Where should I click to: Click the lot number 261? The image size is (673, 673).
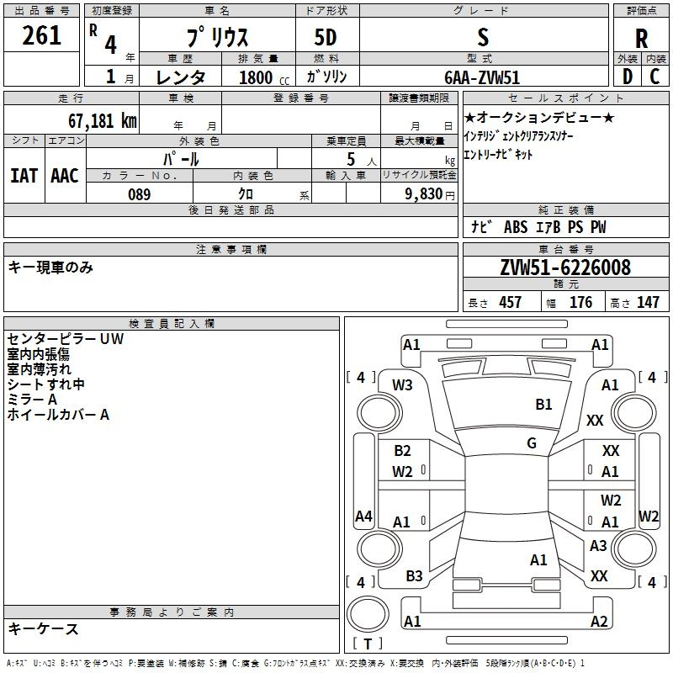point(41,35)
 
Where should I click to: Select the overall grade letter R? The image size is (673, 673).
point(641,39)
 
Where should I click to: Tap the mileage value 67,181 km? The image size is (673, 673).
point(103,121)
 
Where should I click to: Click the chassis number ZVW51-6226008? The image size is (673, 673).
point(565,268)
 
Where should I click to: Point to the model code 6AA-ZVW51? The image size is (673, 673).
point(482,77)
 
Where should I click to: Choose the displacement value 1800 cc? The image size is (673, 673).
point(264,77)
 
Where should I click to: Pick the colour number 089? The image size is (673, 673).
point(140,194)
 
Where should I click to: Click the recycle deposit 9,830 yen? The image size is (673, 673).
point(430,194)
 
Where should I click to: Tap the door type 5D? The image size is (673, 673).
point(326,38)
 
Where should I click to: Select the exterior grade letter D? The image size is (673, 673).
point(628,77)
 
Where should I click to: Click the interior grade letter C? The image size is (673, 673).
point(654,77)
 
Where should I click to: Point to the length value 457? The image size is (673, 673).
point(511,302)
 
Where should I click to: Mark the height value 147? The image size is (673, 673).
point(648,302)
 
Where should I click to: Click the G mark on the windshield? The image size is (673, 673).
point(532,443)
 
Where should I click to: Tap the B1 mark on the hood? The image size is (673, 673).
point(543,405)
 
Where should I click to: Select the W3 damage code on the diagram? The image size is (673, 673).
point(402,385)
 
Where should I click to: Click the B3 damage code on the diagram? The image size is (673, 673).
point(414,576)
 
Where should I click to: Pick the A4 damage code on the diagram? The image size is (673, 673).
point(363,516)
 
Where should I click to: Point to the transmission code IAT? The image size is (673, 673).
point(24,176)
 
